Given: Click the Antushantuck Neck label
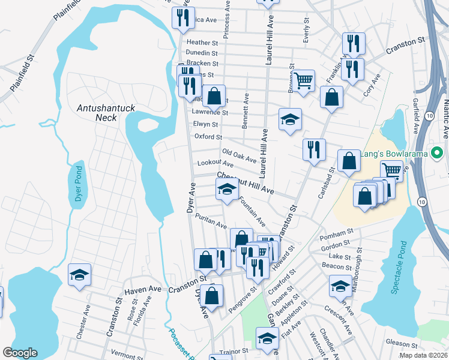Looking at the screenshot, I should click(x=100, y=113).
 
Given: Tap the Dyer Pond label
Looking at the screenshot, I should click(x=77, y=187).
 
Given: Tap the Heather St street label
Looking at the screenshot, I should click(x=202, y=43).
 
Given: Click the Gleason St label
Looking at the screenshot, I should click(x=402, y=344).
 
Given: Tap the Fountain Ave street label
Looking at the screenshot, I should click(x=252, y=212).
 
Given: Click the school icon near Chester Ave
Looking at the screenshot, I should click(x=80, y=275).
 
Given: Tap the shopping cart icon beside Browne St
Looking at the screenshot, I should click(x=304, y=80).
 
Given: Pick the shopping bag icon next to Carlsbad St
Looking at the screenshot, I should click(x=349, y=161).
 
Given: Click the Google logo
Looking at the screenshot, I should click(x=20, y=353).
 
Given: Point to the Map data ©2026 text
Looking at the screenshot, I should click(x=423, y=355).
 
